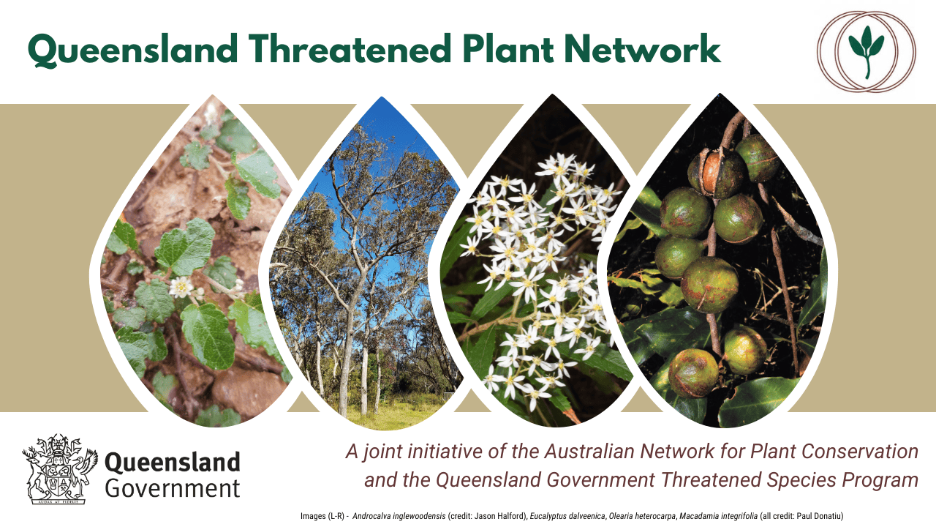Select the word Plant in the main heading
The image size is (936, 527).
tap(507, 49)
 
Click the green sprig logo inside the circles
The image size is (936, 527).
tap(867, 51)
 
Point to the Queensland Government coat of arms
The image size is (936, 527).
tap(60, 469)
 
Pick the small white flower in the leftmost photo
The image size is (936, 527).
tap(181, 288)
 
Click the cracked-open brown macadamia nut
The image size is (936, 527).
tap(717, 173)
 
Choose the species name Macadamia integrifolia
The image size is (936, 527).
tap(718, 516)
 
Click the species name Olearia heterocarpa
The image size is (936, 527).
tap(642, 516)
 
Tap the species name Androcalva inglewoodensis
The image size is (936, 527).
tap(399, 516)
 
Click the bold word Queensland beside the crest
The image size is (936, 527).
tap(172, 463)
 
